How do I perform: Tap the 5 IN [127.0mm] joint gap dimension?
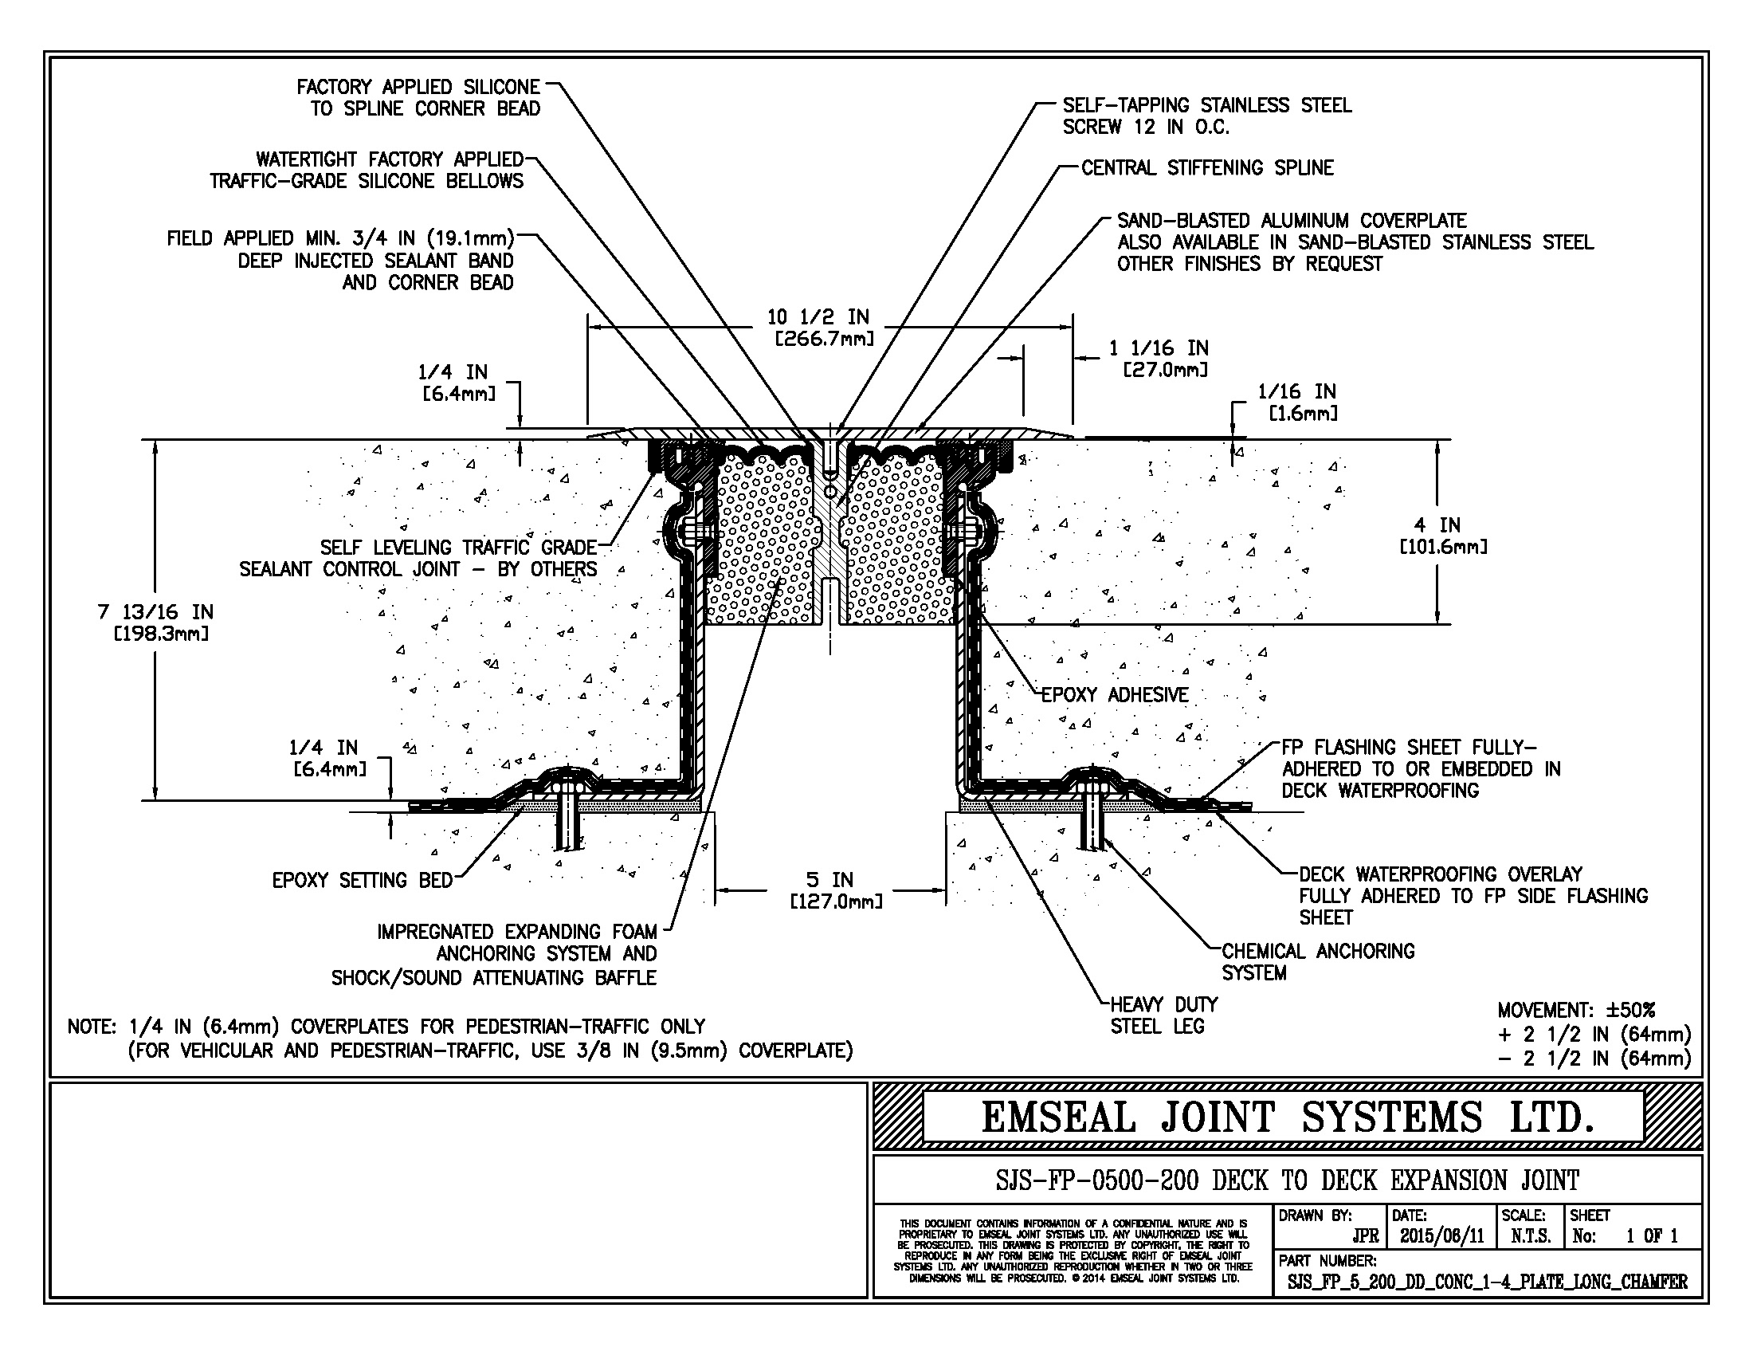[836, 890]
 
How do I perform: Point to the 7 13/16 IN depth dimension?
[155, 623]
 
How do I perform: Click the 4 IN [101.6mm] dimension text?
[1442, 536]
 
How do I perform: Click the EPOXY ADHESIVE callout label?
[1114, 695]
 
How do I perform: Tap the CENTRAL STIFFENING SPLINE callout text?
[1206, 167]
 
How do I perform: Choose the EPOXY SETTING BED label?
[362, 881]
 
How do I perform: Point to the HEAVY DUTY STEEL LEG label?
[1163, 1015]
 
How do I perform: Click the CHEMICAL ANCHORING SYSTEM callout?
[1316, 962]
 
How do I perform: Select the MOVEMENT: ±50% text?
[1575, 1010]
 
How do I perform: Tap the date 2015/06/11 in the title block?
[1441, 1236]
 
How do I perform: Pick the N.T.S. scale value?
[1530, 1236]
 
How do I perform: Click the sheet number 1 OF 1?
[1651, 1236]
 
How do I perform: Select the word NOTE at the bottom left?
[92, 1027]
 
